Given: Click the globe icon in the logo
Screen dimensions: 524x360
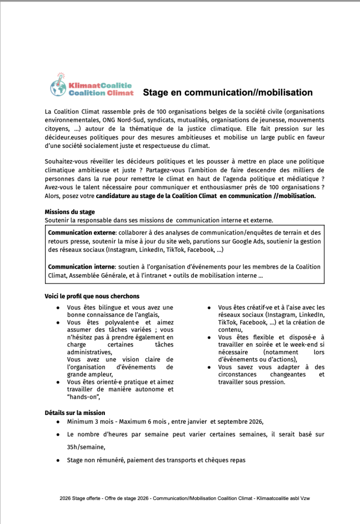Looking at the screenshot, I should click(x=59, y=88).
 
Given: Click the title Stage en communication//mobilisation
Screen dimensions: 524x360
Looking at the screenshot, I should click(x=228, y=93).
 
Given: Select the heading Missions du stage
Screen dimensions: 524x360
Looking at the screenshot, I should click(x=70, y=212).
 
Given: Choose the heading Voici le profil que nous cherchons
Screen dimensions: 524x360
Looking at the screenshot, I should click(x=92, y=296).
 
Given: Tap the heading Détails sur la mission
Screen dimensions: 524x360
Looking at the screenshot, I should click(x=75, y=413).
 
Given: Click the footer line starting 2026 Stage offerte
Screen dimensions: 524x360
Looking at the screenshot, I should click(x=179, y=497).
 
